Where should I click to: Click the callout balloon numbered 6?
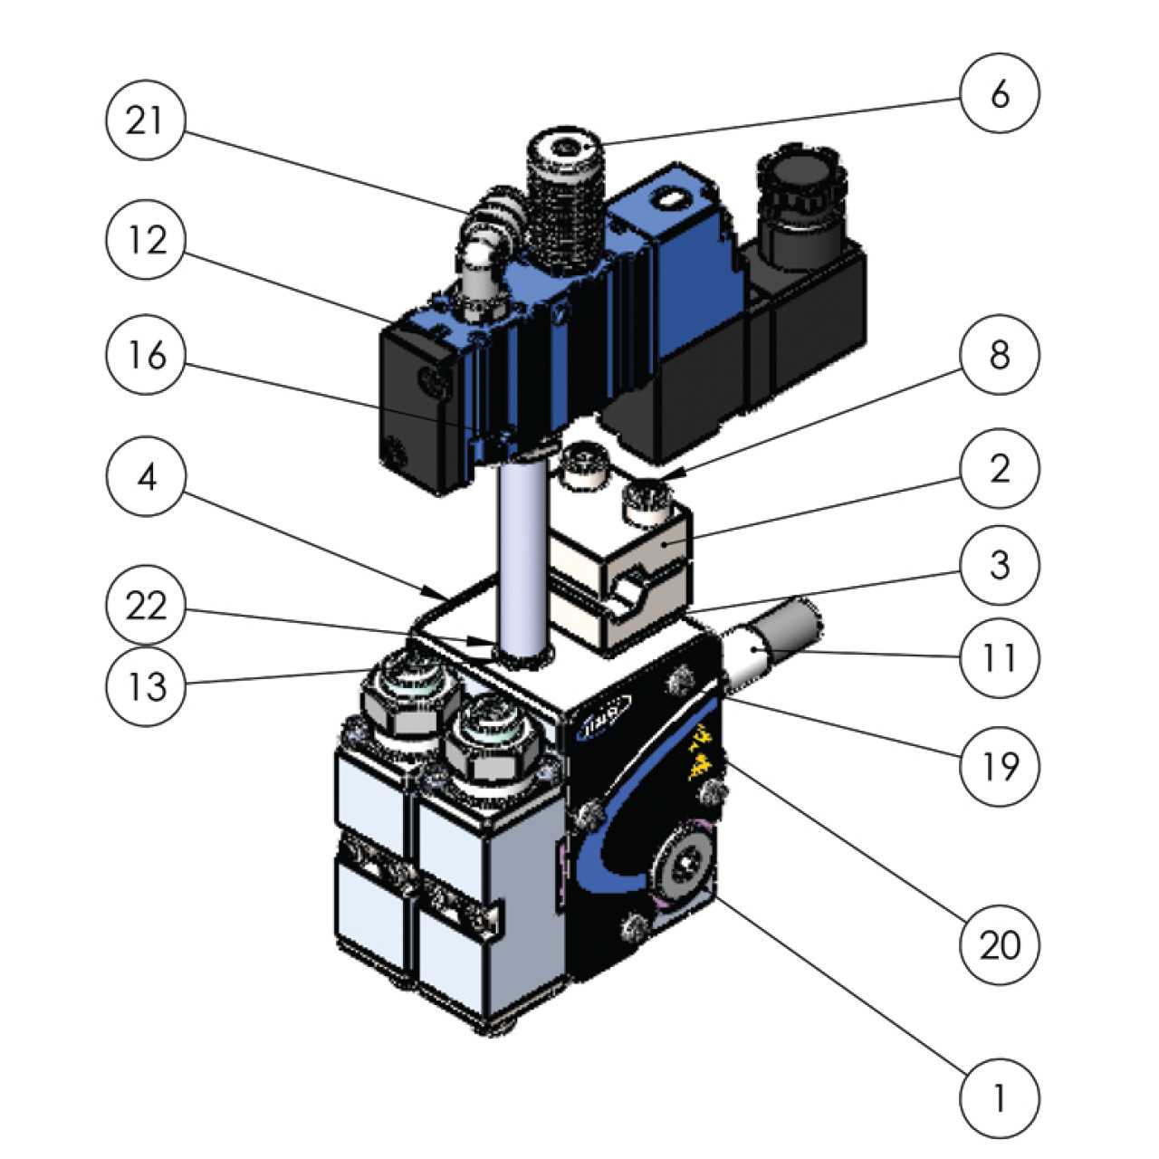[x=1000, y=93]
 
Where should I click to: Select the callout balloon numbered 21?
[x=146, y=120]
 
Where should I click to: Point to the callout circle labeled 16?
[x=146, y=356]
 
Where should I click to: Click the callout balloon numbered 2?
[x=1000, y=468]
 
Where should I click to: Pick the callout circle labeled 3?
[x=1000, y=565]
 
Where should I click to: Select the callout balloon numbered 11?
[x=1000, y=658]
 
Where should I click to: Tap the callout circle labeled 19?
[x=1000, y=766]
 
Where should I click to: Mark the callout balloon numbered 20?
[x=1000, y=944]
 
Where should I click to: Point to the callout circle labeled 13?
[x=146, y=685]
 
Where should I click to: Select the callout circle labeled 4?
[x=146, y=476]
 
